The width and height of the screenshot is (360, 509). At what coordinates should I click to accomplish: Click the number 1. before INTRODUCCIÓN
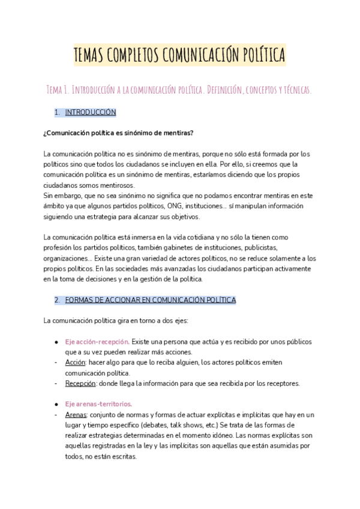pos(57,112)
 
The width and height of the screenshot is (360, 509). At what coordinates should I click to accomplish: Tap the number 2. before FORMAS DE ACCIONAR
pos(57,300)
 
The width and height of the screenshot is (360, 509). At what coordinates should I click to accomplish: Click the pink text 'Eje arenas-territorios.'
pos(98,404)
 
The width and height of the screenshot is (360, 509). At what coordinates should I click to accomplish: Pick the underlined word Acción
pos(76,363)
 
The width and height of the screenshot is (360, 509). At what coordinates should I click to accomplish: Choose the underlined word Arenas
pos(76,415)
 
